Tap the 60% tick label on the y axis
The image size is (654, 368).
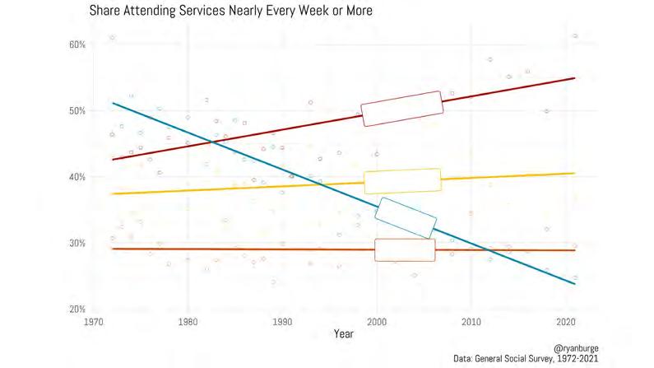pos(76,44)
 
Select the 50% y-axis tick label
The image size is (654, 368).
pos(76,110)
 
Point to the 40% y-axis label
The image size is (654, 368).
pos(76,177)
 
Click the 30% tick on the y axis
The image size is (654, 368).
pos(76,243)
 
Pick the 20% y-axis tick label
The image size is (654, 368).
pos(76,309)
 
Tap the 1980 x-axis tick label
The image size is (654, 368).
pos(188,321)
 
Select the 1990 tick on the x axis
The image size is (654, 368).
pos(282,321)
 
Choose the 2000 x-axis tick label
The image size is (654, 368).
pos(377,321)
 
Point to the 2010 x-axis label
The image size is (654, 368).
pos(471,321)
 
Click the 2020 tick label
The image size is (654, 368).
pos(565,321)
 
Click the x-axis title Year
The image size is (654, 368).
pos(344,333)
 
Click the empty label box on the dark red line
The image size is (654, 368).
pos(403,109)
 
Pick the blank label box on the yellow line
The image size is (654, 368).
pos(403,181)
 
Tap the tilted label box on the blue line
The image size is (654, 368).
pos(405,218)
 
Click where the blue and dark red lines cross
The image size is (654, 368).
pos(213,142)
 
